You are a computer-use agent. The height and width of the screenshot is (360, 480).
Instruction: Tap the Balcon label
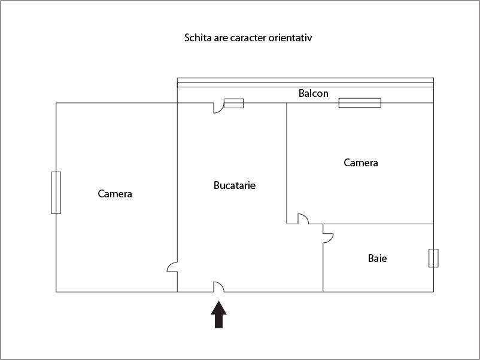click(x=314, y=93)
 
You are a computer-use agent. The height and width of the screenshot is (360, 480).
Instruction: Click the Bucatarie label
click(x=235, y=185)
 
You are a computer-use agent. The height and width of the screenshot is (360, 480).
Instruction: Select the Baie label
click(x=377, y=258)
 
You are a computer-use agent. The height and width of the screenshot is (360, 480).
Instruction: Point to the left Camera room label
click(x=115, y=194)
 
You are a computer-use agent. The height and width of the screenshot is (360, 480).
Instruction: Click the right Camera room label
click(x=361, y=163)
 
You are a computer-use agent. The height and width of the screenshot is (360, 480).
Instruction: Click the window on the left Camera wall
click(x=56, y=193)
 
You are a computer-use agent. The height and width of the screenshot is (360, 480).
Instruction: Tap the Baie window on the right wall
click(x=433, y=258)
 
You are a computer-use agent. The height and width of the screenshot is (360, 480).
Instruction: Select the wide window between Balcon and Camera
click(x=360, y=103)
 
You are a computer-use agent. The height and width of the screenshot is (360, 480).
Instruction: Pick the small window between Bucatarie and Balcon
click(x=233, y=103)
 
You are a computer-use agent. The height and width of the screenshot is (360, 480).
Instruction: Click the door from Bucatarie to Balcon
click(x=218, y=108)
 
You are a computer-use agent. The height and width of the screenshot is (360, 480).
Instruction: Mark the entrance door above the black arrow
click(x=219, y=287)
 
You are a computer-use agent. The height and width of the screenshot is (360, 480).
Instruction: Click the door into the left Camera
click(x=172, y=267)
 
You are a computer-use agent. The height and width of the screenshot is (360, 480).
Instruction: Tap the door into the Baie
click(x=328, y=238)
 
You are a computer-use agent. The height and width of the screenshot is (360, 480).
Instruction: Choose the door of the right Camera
click(x=303, y=219)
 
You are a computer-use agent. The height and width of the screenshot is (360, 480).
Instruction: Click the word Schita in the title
click(x=198, y=38)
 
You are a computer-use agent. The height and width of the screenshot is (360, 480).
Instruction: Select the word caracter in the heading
click(x=246, y=38)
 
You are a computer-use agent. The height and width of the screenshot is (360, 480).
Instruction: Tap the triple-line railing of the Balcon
click(x=305, y=83)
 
